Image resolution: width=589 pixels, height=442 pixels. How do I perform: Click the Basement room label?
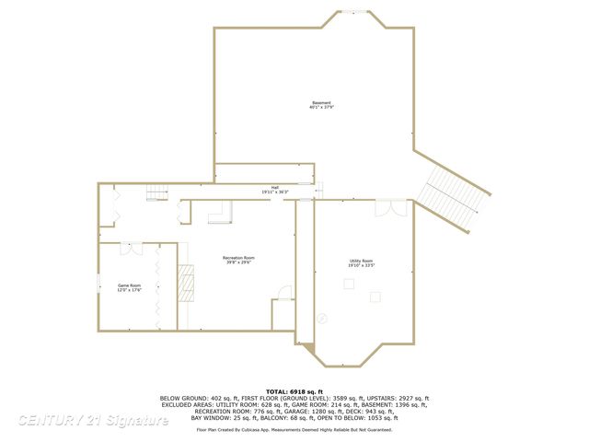coord(320,102)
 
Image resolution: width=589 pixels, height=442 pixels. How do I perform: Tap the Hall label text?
coord(274,187)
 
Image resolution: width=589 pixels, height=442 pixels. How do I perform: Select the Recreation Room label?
coord(238,257)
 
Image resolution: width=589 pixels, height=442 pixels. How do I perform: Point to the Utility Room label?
coord(361,261)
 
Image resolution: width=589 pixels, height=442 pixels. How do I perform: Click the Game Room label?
coord(128,286)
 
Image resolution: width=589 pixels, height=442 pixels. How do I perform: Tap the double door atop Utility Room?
coord(396,208)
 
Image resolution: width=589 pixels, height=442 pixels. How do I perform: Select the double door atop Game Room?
coord(131,248)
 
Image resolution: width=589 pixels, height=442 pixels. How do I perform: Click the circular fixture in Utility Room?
coord(321,317)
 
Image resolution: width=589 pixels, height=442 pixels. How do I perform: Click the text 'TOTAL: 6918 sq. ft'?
coord(294,390)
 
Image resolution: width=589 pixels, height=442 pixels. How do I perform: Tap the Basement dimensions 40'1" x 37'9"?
coord(320,108)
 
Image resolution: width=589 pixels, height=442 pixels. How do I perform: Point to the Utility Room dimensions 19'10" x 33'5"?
coord(361,265)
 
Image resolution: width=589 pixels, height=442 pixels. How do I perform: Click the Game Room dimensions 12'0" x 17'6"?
coord(128,291)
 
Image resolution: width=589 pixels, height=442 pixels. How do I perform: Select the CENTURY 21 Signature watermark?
coord(92,421)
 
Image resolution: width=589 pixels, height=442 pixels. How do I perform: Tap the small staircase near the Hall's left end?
coord(157,193)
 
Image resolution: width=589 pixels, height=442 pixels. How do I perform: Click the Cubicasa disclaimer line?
coord(294,429)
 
